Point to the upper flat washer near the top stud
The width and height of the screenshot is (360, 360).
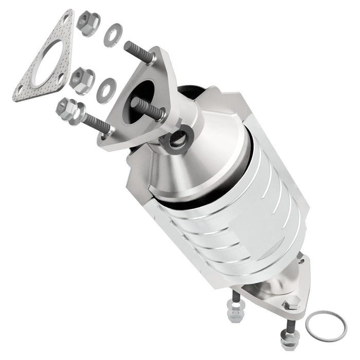(x=112, y=35)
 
